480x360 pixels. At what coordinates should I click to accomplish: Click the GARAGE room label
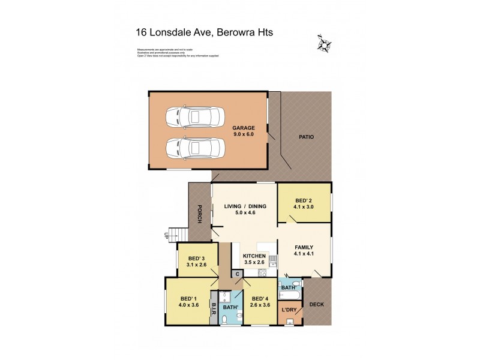click(244, 128)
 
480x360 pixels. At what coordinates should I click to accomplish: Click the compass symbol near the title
click(325, 43)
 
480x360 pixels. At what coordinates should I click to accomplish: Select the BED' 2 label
click(304, 201)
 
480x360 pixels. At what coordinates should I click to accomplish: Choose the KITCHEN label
click(254, 256)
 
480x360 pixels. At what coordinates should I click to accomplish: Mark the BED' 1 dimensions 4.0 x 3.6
click(189, 305)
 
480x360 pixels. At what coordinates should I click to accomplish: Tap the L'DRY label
click(290, 311)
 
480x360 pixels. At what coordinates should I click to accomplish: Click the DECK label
click(316, 304)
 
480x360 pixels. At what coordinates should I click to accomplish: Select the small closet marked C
click(238, 274)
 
